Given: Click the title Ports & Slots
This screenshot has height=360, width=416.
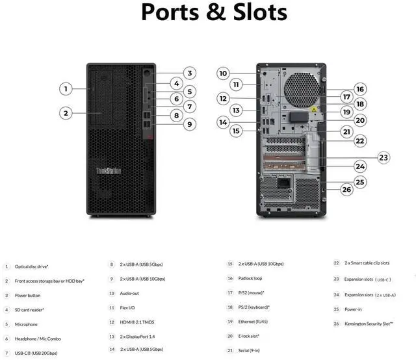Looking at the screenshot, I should (214, 12).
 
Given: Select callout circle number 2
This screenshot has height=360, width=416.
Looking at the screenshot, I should (66, 113).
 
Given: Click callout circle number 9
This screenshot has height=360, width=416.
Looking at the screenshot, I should (189, 123).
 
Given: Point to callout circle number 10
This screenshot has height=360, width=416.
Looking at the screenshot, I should (223, 73).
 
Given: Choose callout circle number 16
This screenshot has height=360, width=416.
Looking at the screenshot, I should (359, 89).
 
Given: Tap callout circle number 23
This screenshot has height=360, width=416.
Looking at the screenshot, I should (383, 157).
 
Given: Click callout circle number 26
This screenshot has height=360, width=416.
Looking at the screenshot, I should (346, 189).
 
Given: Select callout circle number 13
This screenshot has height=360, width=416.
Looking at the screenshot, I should (236, 110).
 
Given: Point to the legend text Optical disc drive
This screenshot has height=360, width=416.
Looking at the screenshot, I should (31, 266).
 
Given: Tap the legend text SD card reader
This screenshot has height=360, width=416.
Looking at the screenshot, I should (29, 309).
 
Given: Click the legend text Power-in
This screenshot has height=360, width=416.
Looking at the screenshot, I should (354, 309).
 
